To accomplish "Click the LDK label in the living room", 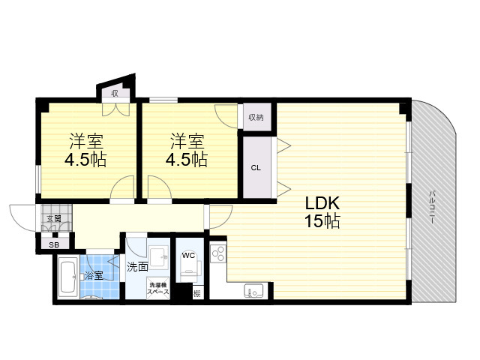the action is pyautogui.click(x=322, y=203).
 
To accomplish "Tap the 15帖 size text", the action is pyautogui.click(x=322, y=220).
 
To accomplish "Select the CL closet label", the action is pyautogui.click(x=256, y=168).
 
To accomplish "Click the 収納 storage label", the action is pyautogui.click(x=256, y=117).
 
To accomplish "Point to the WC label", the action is pyautogui.click(x=188, y=255).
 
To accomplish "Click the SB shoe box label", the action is pyautogui.click(x=55, y=245).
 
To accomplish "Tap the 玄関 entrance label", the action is pyautogui.click(x=54, y=218).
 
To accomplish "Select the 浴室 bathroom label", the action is pyautogui.click(x=94, y=275).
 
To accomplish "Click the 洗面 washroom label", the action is pyautogui.click(x=137, y=267).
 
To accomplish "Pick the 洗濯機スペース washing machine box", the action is pyautogui.click(x=158, y=288).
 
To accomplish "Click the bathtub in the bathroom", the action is pyautogui.click(x=68, y=277).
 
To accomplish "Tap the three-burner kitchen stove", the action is pyautogui.click(x=218, y=253).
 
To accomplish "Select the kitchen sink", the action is pyautogui.click(x=253, y=291).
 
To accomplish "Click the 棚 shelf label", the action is pyautogui.click(x=197, y=293).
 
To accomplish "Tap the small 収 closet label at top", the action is pyautogui.click(x=115, y=93).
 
